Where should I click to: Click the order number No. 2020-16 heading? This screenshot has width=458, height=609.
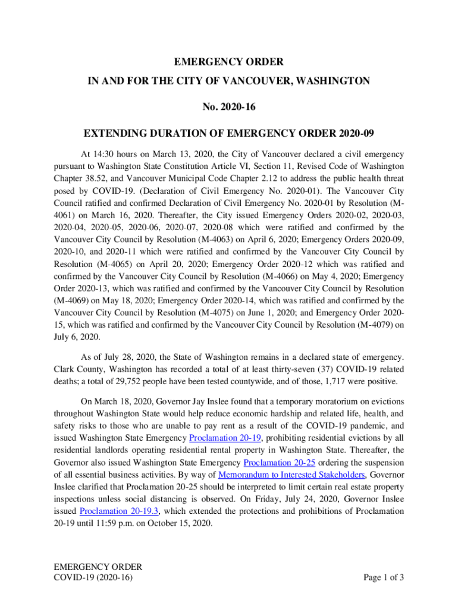click(x=228, y=107)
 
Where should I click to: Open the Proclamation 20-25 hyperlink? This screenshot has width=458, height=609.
click(x=279, y=463)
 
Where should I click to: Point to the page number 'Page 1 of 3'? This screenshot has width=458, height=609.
click(x=382, y=577)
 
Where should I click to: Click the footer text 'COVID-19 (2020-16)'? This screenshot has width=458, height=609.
click(x=93, y=577)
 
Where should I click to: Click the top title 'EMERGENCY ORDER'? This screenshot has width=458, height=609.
click(x=228, y=62)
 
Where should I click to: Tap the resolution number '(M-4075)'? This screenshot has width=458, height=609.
click(x=221, y=312)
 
